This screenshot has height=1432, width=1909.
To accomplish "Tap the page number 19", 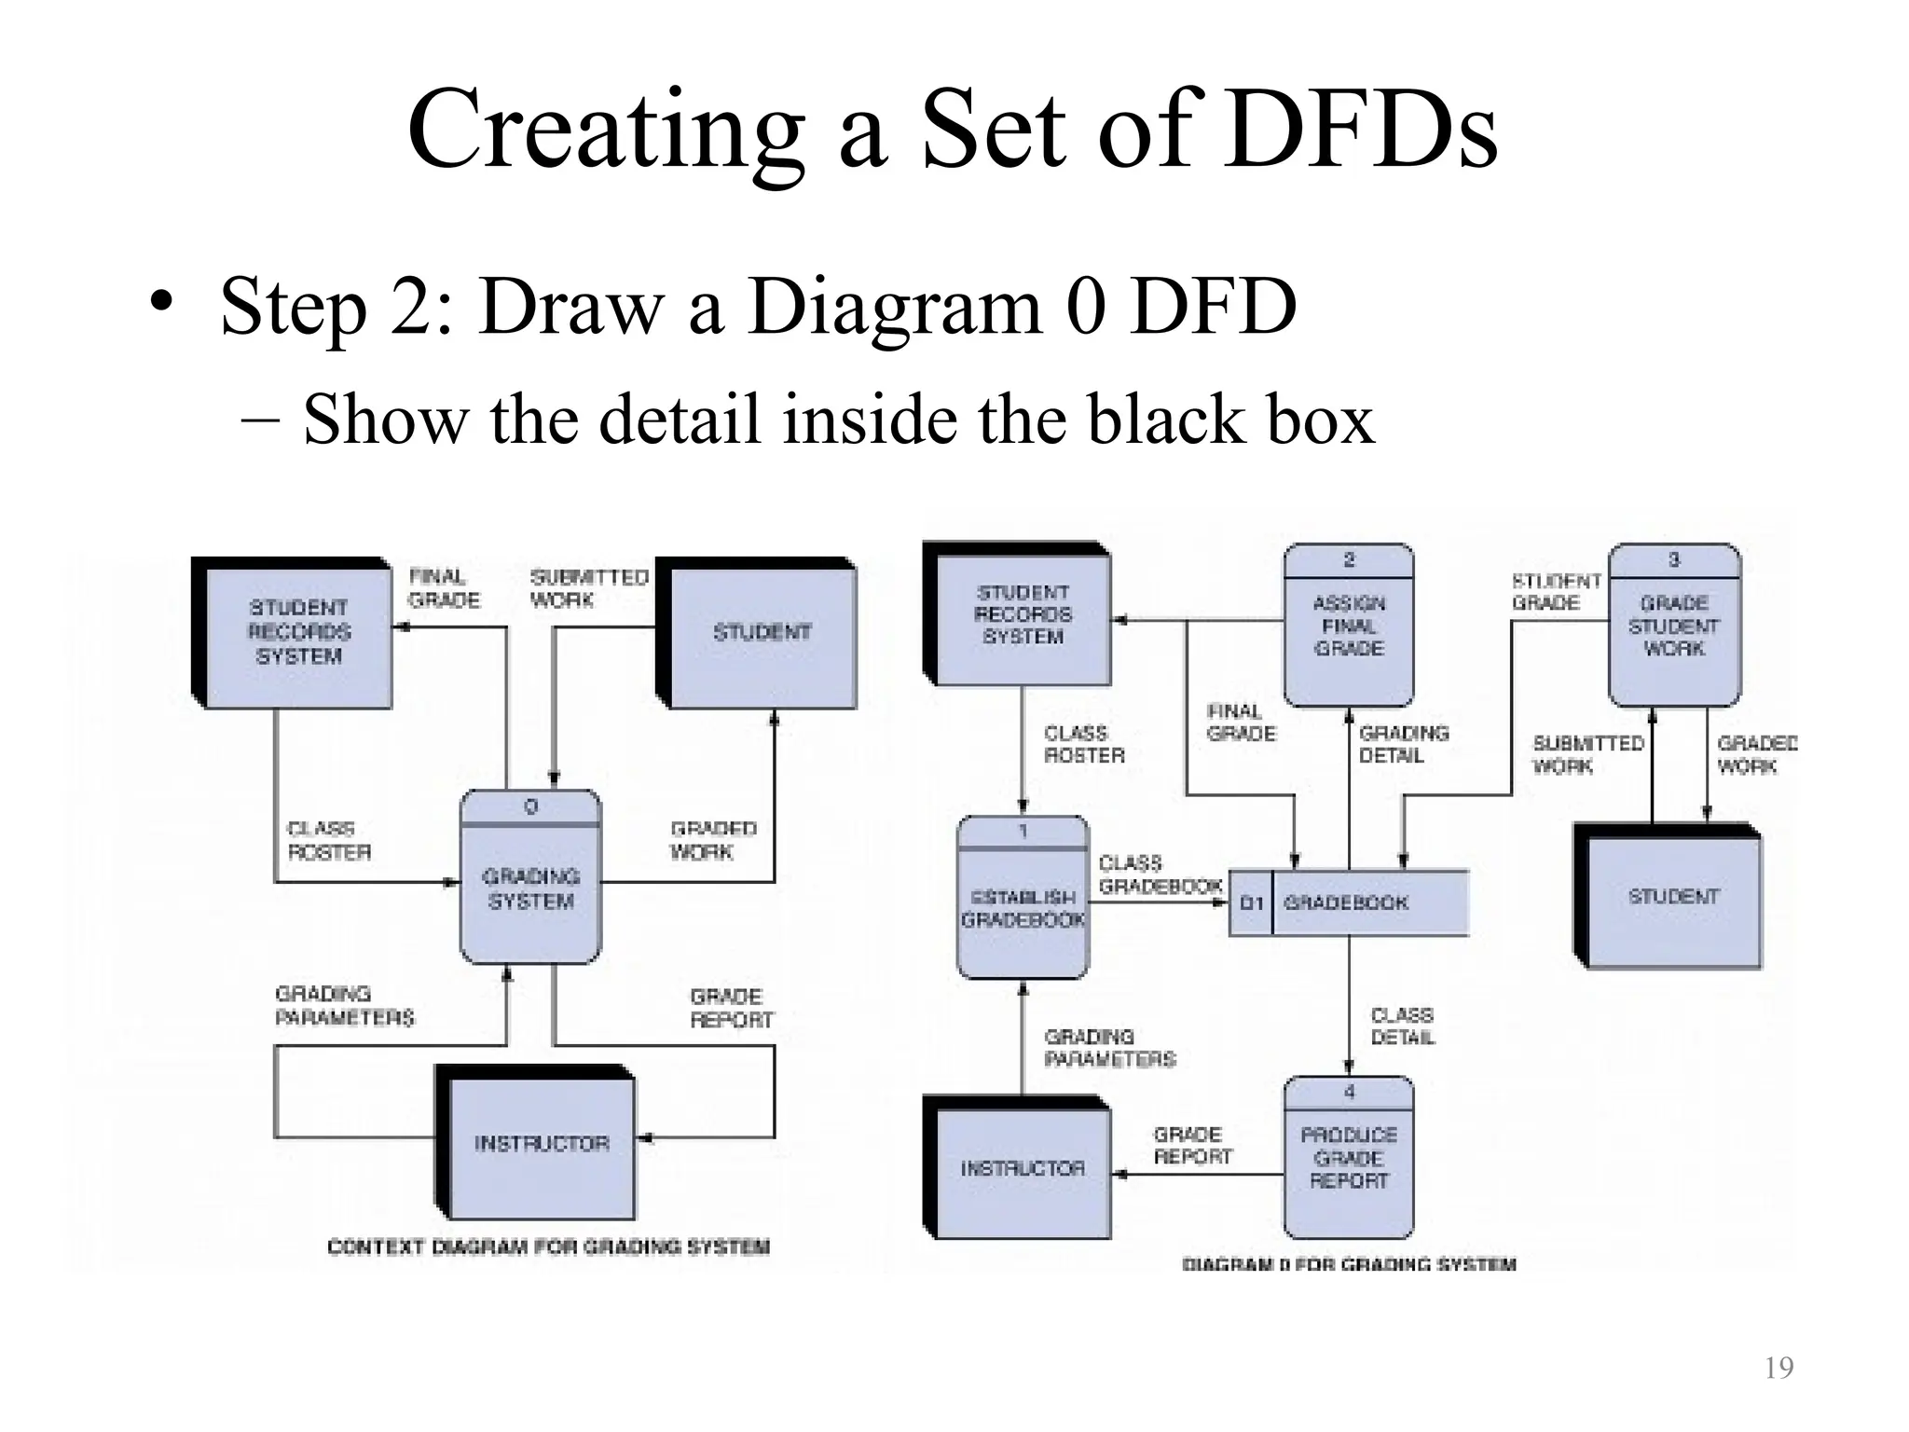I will tap(1779, 1368).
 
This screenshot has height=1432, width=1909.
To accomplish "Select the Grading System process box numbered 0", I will tap(530, 877).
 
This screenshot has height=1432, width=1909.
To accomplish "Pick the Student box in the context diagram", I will tap(762, 633).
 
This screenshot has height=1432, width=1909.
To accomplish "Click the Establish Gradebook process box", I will tap(1023, 898).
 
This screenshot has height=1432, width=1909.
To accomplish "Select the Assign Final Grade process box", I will tap(1349, 626).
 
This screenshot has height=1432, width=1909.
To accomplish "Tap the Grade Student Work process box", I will tap(1674, 626).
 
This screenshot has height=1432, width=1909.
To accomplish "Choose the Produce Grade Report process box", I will tap(1349, 1158).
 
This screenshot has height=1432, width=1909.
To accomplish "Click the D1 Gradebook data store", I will tap(1348, 902).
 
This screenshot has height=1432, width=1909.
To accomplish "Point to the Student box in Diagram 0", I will tap(1673, 898).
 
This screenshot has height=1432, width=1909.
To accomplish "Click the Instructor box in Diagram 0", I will tap(1023, 1169).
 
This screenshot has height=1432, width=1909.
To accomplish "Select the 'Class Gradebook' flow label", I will tap(1159, 874).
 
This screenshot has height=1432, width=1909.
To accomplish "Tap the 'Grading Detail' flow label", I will tap(1403, 745).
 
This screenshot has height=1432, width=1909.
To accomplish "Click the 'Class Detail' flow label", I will tap(1402, 1026).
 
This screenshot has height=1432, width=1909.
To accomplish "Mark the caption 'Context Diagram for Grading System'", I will tap(548, 1247).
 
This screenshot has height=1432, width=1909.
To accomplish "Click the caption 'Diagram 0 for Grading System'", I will tap(1349, 1265).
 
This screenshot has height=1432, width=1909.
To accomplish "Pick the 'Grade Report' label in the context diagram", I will tap(731, 1009).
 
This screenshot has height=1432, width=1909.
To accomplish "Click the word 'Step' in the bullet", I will tap(294, 307).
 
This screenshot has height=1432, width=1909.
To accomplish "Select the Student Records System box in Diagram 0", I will tap(1023, 615).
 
